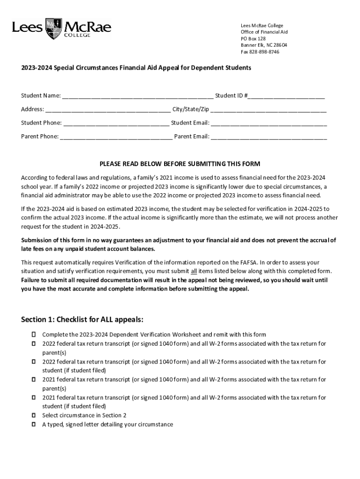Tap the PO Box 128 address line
coord(253,39)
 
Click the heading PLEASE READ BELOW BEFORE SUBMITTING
coord(180,164)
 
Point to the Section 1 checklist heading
coord(82,320)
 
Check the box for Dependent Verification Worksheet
coord(34,335)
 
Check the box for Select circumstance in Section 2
coord(34,415)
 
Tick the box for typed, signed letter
coord(34,425)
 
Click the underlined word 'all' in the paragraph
coord(194,271)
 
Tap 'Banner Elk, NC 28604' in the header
coord(264,45)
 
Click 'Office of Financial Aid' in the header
coord(264,32)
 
